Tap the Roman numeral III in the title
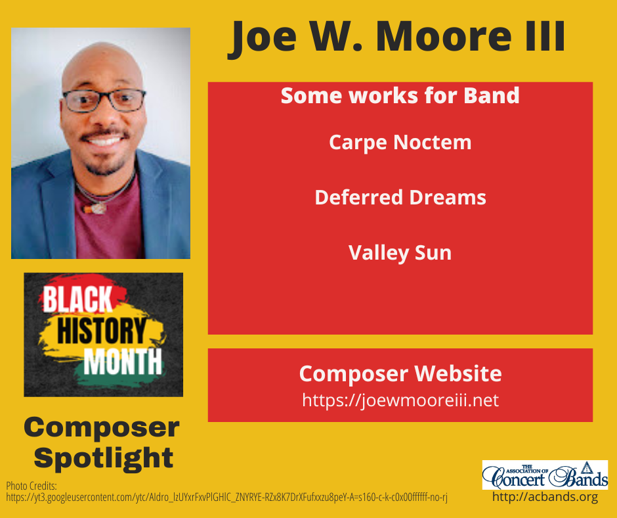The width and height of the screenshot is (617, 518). (542, 38)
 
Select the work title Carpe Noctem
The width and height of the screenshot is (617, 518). (400, 142)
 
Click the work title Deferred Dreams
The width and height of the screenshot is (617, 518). (400, 197)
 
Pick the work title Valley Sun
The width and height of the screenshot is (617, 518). (400, 252)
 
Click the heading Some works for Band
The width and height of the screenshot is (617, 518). (400, 96)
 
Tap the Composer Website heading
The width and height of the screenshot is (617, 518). (400, 374)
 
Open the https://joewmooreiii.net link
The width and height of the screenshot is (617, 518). (400, 400)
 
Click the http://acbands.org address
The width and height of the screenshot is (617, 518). (545, 497)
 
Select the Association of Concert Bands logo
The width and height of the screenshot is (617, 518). (545, 475)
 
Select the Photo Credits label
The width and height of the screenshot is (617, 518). (32, 486)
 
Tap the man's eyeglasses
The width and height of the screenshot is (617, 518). (105, 101)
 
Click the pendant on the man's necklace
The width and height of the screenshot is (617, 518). (98, 208)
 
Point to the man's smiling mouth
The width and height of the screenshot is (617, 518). (105, 140)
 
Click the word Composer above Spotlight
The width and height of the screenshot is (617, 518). (101, 428)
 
